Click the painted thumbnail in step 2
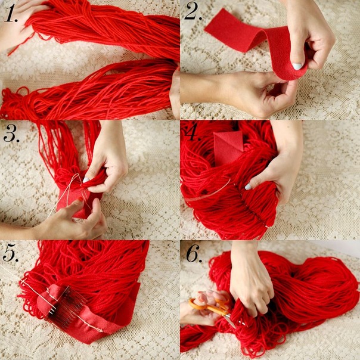click(x=297, y=67)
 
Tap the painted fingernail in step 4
click(x=248, y=187)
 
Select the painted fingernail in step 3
click(x=86, y=180)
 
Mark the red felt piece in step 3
click(x=76, y=202)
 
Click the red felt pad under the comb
click(x=46, y=299)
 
